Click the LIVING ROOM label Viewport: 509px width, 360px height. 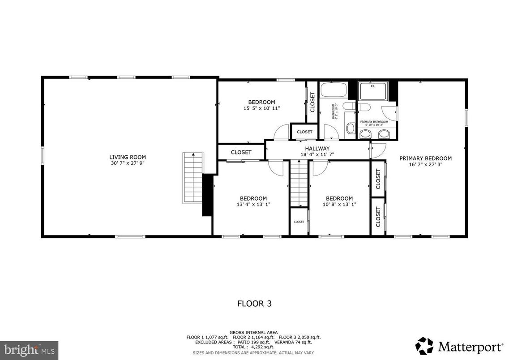(128, 157)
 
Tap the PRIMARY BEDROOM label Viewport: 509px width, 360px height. (425, 158)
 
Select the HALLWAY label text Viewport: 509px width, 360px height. (317, 149)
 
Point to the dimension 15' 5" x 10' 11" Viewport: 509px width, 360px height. (262, 108)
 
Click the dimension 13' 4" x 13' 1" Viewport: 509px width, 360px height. (253, 204)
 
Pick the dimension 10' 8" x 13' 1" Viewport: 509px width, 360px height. (339, 204)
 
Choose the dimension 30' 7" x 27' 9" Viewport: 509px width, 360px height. (128, 163)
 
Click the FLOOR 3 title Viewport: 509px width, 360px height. (254, 304)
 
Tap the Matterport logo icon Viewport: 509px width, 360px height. (424, 346)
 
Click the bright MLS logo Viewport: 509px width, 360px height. (29, 348)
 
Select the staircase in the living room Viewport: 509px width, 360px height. (193, 178)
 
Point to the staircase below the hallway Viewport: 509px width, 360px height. (299, 184)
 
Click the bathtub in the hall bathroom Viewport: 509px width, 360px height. (334, 90)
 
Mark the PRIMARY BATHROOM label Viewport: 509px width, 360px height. (374, 122)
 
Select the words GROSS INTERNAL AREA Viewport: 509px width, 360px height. (253, 332)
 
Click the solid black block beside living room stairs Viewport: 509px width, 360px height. (207, 195)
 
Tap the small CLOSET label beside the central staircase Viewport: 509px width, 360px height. (299, 222)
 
